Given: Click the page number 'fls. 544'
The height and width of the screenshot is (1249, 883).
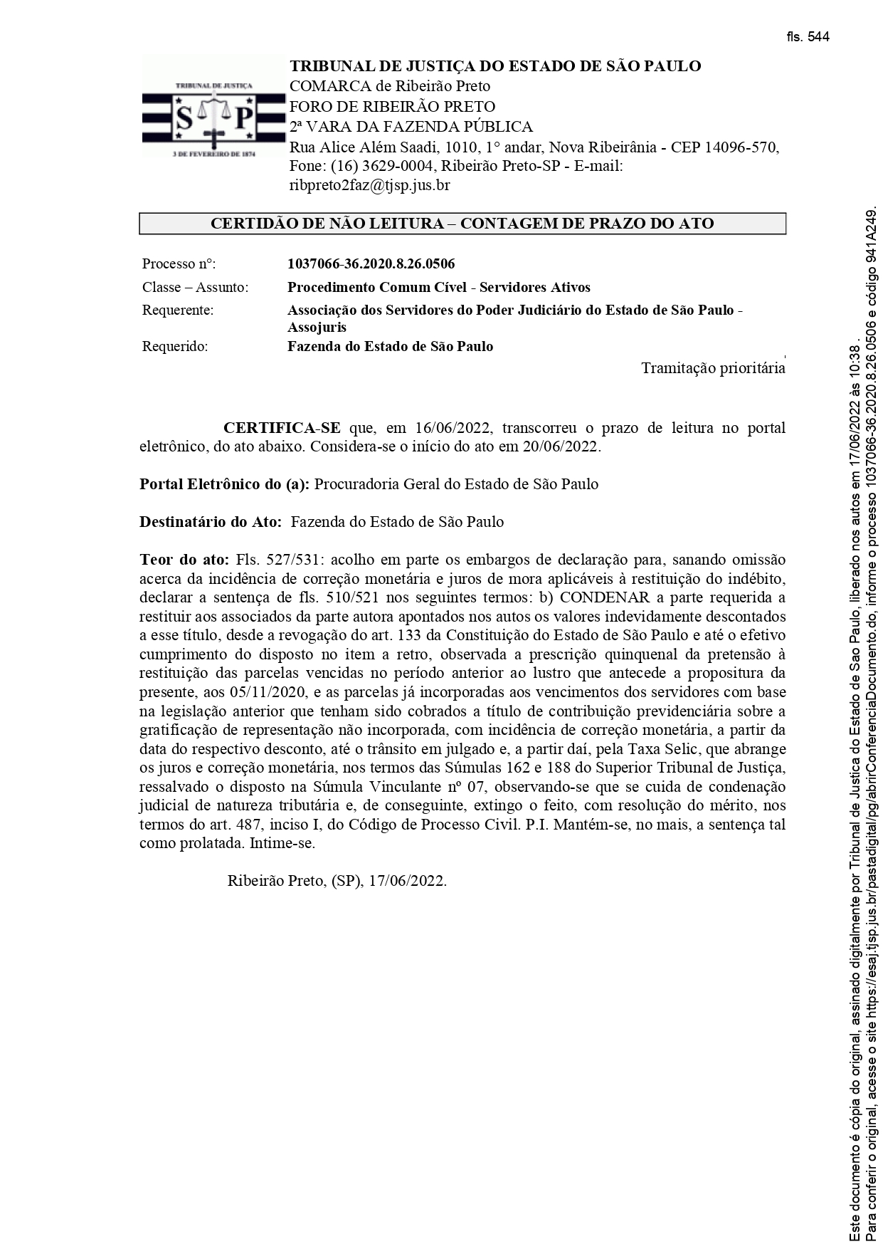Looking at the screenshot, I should (x=808, y=38).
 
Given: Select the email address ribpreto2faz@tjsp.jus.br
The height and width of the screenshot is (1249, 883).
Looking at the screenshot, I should (x=369, y=186).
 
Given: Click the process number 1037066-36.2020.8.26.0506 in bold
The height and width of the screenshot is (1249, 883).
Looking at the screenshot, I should (x=371, y=264).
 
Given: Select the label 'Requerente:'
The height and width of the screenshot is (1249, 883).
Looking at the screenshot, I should (x=177, y=310).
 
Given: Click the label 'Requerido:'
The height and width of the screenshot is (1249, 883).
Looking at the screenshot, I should (x=175, y=347).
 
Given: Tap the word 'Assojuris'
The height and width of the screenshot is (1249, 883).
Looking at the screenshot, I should (x=317, y=328).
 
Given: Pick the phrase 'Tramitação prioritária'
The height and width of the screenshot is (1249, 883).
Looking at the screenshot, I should (x=713, y=368).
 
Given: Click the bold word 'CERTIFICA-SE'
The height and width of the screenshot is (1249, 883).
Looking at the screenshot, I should (x=282, y=428).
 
